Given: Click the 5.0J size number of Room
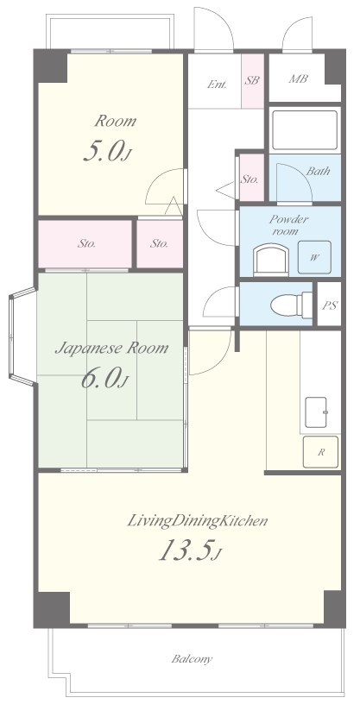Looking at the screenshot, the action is coord(107,152).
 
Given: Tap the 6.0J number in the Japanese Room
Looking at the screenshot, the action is coord(104,378).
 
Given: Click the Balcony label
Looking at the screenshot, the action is coord(192,659).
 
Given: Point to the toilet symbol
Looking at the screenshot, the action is coord(291,305).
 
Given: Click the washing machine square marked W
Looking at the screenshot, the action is coord(314,257).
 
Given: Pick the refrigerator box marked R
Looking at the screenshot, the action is coord(321,452).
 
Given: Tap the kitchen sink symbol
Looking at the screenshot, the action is coord(316,412).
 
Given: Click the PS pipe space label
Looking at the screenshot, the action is coord(330,305).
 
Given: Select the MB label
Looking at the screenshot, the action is coord(298,79).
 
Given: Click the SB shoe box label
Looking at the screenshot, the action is coord(252,81).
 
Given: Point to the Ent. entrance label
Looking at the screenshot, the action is coord(217,84).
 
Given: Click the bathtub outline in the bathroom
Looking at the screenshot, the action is coord(304,129).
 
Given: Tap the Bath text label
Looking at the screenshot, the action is coord(318,171).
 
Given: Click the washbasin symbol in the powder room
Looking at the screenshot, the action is coord(271,260).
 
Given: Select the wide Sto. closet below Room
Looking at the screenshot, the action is coord(85,244).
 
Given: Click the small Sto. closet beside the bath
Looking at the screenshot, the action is coord(251,178).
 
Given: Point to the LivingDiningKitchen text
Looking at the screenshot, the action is coord(198,521).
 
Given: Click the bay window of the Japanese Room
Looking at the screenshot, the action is coord(22,336).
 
